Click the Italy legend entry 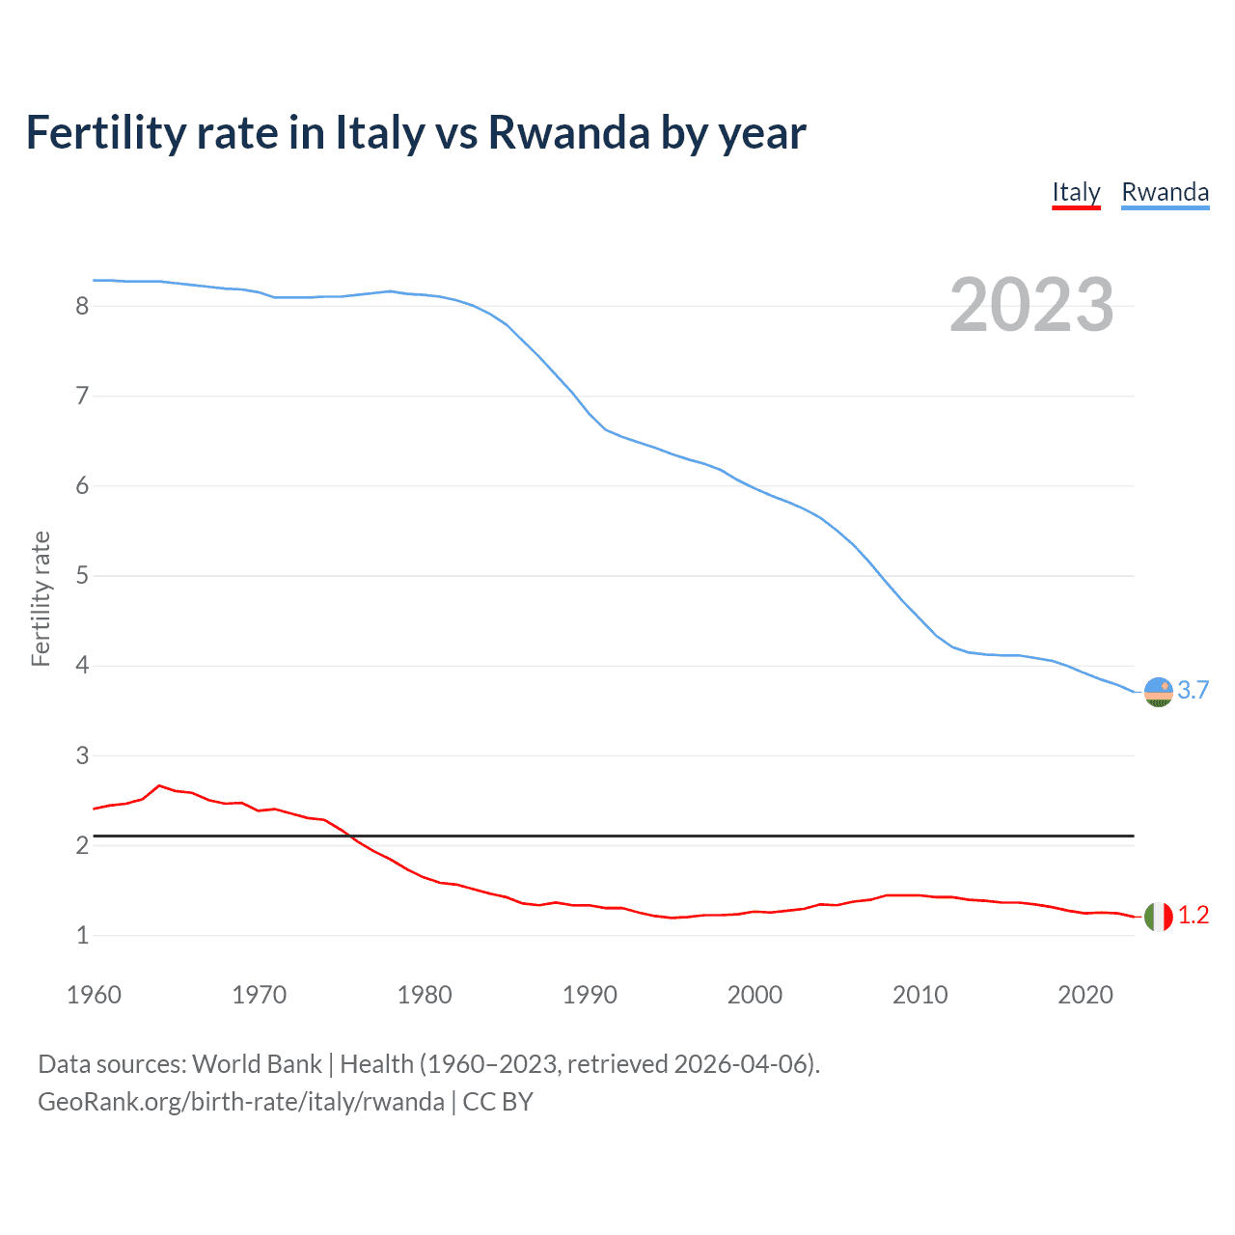1076,193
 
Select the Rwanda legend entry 1165,193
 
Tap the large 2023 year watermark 1031,305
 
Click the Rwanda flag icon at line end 1158,692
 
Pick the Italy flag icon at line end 1158,916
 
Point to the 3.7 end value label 1194,691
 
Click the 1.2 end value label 1194,916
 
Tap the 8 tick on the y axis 82,307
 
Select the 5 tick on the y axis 82,576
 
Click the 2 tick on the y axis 82,846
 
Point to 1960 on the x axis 94,995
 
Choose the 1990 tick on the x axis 590,995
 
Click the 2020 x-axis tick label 1085,995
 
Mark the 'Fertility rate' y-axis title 41,598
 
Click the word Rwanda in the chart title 568,133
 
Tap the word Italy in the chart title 379,133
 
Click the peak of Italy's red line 159,785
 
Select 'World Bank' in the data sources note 257,1064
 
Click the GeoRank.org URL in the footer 241,1102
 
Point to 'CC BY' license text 498,1102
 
